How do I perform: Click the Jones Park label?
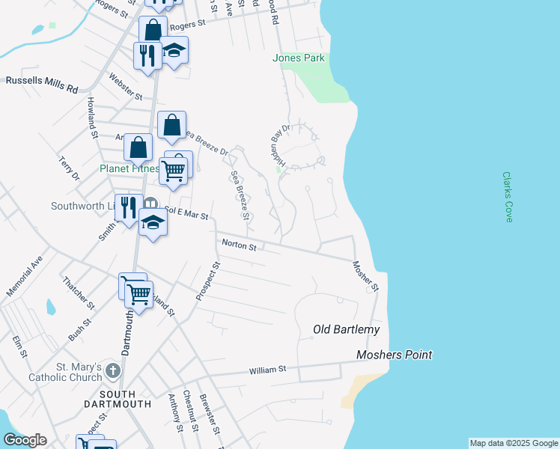(299, 58)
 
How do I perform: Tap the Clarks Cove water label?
(508, 197)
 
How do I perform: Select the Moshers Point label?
(395, 355)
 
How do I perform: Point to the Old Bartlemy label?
(346, 329)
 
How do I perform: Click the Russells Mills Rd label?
(42, 85)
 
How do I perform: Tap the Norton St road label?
(239, 245)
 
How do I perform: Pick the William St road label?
(268, 369)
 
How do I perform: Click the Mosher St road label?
(366, 275)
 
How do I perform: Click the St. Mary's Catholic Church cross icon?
(112, 370)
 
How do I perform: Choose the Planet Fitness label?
(130, 168)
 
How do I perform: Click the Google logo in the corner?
(25, 440)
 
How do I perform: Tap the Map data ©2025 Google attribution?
(514, 443)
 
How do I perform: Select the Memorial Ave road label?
(22, 276)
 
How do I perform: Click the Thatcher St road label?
(79, 293)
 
